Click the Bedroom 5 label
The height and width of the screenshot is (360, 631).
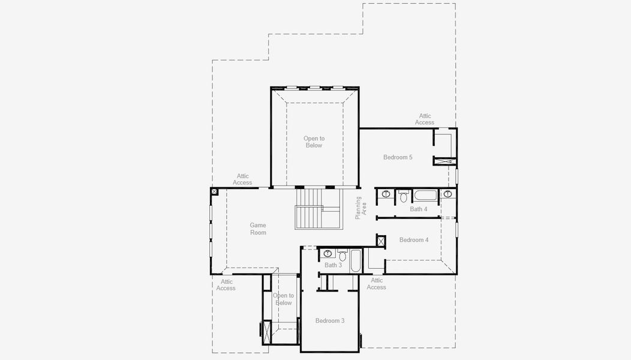(x=398, y=157)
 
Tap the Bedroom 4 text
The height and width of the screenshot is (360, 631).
(x=414, y=240)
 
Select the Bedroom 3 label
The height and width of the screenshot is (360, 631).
(x=330, y=321)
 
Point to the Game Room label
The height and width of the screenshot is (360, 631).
(x=258, y=229)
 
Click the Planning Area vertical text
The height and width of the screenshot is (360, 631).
(x=360, y=208)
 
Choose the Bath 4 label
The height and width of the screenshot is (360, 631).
(x=419, y=209)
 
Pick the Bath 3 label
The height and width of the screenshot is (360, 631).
(x=333, y=265)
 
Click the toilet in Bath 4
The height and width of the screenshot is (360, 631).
(x=404, y=196)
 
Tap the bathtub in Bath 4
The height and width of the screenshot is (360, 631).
(x=425, y=195)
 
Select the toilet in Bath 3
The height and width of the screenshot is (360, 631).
(x=342, y=255)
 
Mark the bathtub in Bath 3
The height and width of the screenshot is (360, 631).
(x=355, y=262)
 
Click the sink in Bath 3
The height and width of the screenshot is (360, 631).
(x=328, y=253)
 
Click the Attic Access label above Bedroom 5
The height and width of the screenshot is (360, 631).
(x=425, y=119)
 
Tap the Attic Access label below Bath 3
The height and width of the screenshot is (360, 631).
(x=376, y=284)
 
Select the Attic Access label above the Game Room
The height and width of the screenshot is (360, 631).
(x=242, y=179)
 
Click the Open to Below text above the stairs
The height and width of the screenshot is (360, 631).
(x=314, y=142)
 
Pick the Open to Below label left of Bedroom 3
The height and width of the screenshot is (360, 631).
(x=284, y=299)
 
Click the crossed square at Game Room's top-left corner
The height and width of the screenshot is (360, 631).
(x=214, y=191)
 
